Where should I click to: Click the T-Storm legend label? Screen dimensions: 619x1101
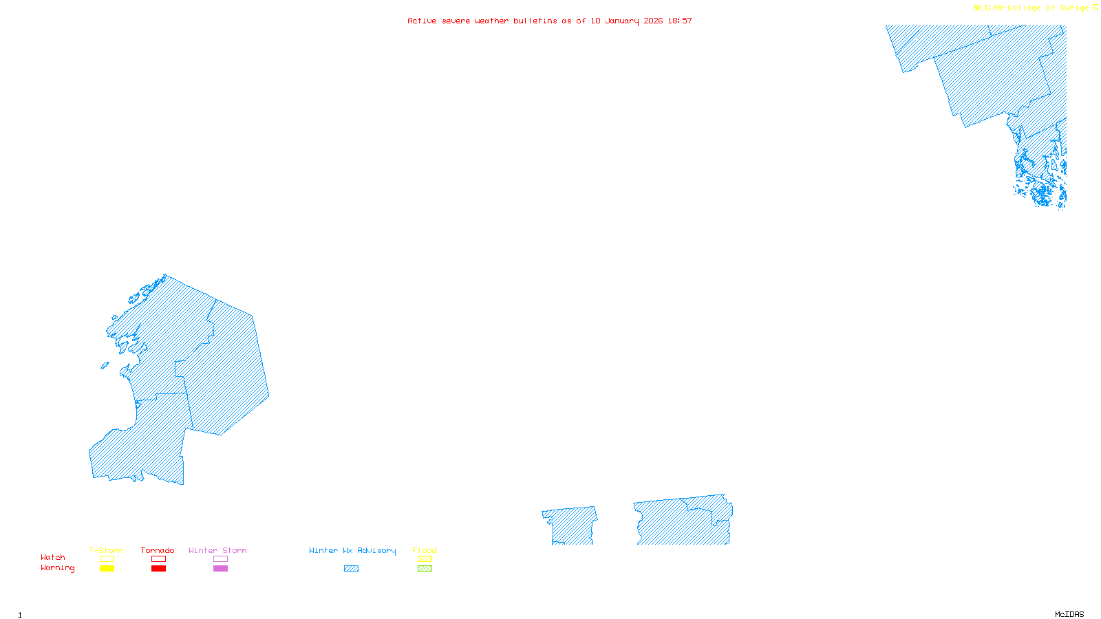tap(106, 550)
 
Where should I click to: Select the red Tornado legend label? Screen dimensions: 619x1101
tap(158, 550)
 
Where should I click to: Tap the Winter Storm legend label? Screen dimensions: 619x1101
tap(217, 550)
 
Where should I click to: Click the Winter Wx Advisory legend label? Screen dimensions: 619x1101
tap(352, 550)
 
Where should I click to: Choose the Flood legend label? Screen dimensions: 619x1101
tap(425, 550)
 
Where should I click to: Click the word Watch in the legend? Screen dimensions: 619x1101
tap(53, 557)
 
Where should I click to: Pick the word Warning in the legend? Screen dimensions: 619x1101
tap(57, 568)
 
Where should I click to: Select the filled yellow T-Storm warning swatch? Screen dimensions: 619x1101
tap(107, 569)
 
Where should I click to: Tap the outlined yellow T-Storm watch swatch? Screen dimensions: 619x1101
tap(107, 559)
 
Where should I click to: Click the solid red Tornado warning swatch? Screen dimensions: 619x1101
tap(158, 569)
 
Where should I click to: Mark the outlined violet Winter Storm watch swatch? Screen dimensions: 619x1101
tap(220, 559)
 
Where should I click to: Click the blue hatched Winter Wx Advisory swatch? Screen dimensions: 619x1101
tap(351, 569)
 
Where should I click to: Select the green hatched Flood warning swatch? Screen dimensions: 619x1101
tap(425, 569)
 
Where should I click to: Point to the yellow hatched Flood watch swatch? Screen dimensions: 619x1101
tap(425, 559)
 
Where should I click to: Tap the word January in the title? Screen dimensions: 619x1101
tap(621, 21)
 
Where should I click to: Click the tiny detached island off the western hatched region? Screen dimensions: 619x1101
tap(105, 366)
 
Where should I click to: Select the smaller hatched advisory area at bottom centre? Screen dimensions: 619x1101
tap(571, 527)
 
